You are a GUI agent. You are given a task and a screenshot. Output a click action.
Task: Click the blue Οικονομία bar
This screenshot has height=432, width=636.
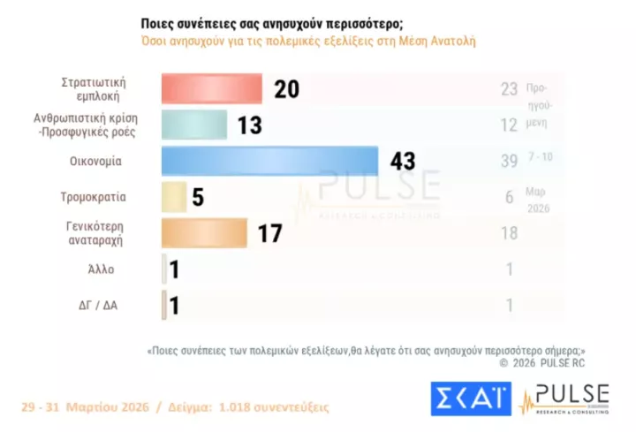point(269,161)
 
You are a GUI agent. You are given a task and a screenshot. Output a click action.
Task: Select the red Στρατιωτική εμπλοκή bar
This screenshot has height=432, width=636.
point(211,89)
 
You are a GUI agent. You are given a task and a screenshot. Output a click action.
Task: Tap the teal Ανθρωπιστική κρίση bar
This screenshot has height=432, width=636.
point(194,125)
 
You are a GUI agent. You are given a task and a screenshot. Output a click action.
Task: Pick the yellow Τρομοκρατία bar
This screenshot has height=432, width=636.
point(174,197)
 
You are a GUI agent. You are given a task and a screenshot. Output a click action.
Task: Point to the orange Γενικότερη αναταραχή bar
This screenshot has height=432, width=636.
point(204,233)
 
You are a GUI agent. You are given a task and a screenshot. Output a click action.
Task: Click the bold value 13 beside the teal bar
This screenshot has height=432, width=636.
point(248,125)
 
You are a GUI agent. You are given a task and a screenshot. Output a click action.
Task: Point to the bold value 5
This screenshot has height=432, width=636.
point(198,198)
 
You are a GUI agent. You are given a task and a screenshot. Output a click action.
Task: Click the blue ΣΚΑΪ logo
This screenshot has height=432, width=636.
point(470,399)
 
